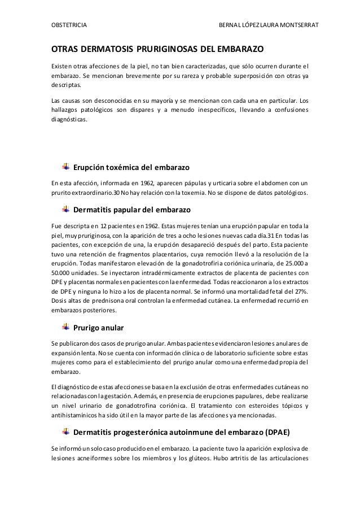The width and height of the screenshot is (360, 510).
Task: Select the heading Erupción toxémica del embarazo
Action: pyautogui.click(x=131, y=168)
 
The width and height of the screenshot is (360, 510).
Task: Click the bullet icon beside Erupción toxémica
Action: pyautogui.click(x=65, y=168)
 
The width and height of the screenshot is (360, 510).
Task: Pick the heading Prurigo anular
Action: pyautogui.click(x=99, y=328)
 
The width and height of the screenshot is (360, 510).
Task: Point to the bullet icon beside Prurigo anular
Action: pyautogui.click(x=65, y=328)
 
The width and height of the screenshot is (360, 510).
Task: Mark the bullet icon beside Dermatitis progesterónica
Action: pyautogui.click(x=65, y=432)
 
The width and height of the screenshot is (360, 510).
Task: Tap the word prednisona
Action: pyautogui.click(x=98, y=300)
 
